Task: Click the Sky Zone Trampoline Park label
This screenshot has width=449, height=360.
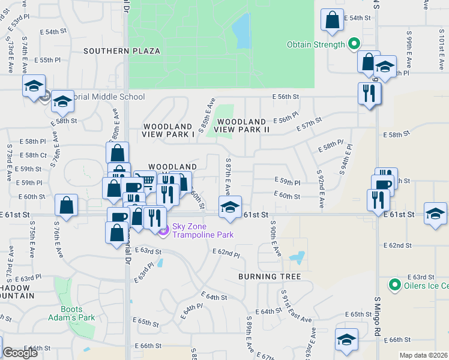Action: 202,230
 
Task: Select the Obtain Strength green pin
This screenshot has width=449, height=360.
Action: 354,44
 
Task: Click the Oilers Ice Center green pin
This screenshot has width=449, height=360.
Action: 394,285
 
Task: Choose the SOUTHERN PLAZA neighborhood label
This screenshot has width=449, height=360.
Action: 122,51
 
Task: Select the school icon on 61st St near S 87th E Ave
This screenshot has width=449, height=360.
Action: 229,207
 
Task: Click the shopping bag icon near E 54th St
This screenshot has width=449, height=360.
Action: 332,20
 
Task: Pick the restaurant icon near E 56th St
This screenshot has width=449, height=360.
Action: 369,93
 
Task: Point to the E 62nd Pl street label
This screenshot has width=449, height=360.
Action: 226,255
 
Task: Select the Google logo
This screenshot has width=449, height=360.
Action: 20,353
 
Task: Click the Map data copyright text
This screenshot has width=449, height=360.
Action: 424,355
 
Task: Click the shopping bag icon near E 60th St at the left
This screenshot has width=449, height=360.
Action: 66,205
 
